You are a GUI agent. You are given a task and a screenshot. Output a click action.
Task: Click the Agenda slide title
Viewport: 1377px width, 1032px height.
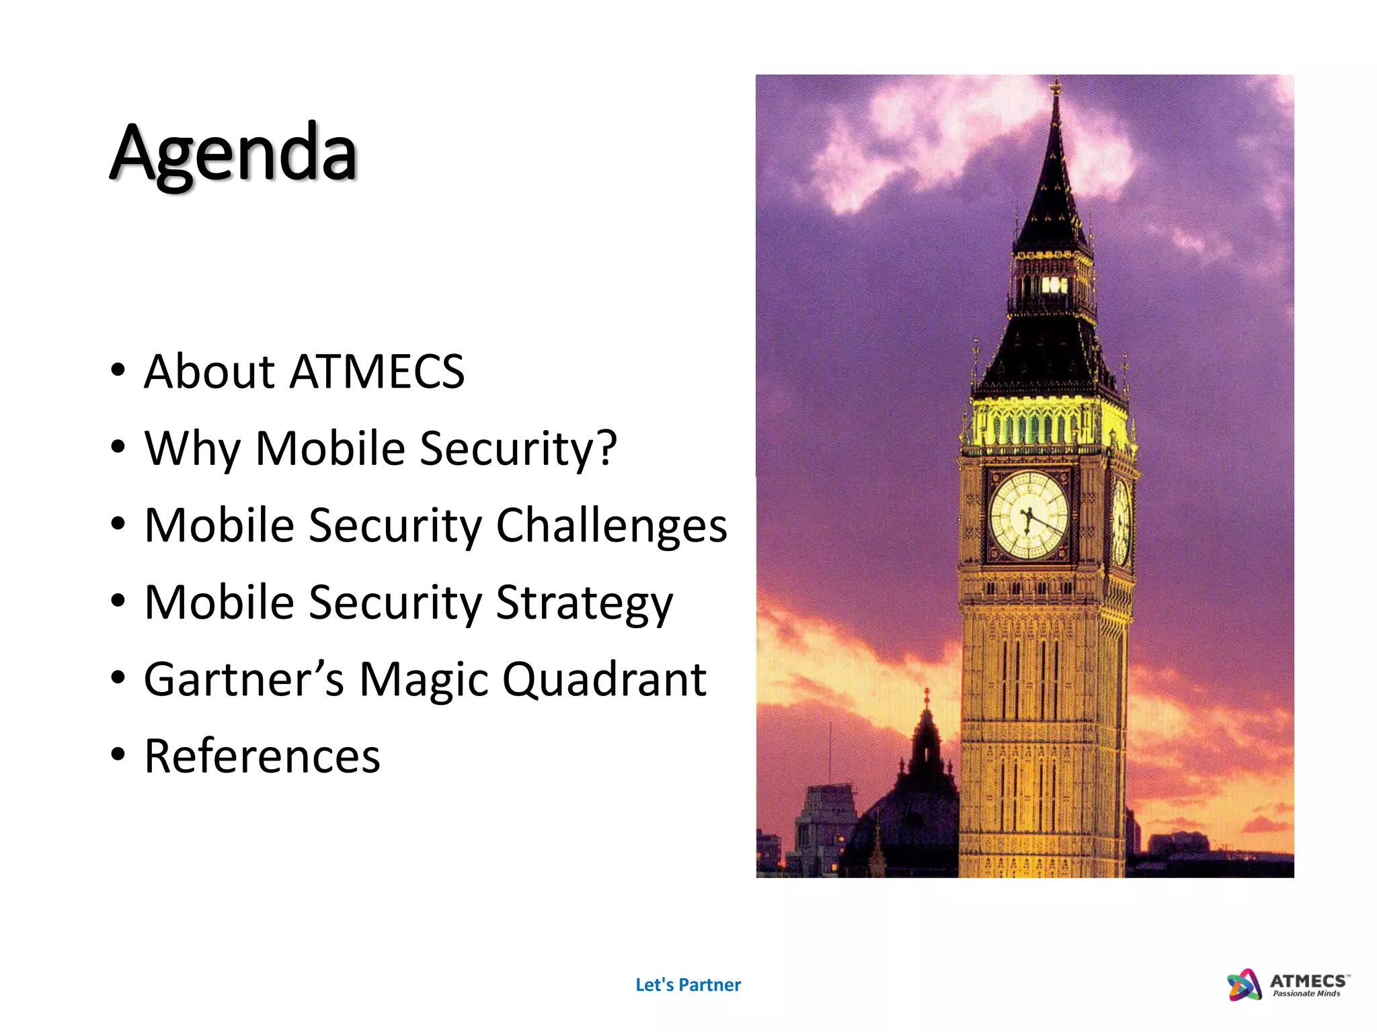(x=233, y=153)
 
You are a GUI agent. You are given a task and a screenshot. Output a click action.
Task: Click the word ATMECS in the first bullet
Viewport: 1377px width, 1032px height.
(x=377, y=372)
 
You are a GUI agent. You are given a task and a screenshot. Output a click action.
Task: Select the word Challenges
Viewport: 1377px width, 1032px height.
(x=611, y=525)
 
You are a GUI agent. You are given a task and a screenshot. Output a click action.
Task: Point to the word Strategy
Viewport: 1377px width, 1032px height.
(x=584, y=603)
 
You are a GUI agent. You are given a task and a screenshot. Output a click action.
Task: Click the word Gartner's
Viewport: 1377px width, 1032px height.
(x=243, y=679)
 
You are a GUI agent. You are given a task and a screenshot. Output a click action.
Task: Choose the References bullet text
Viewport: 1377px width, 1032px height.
(x=262, y=757)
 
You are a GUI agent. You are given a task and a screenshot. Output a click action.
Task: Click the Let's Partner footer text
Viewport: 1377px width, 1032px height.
(x=688, y=985)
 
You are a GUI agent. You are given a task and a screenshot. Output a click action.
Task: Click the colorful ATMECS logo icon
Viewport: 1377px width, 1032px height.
(x=1244, y=985)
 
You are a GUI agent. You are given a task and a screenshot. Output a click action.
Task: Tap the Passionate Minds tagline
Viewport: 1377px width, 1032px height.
(x=1306, y=994)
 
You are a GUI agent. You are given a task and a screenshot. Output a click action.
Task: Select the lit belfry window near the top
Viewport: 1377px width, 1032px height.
(x=1053, y=285)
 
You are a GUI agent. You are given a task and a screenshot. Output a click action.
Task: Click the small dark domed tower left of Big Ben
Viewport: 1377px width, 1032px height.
(x=927, y=746)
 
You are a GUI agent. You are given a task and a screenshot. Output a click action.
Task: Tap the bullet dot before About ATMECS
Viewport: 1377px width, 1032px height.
(x=118, y=370)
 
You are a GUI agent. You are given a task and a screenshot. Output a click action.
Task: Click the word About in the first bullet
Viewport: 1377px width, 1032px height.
(x=209, y=372)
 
